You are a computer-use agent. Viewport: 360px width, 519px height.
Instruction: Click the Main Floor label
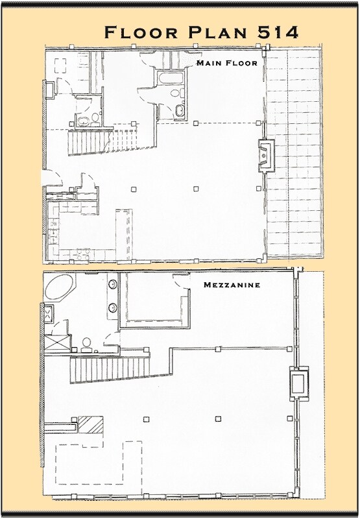(x=227, y=64)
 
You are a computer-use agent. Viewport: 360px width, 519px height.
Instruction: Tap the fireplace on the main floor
(x=265, y=154)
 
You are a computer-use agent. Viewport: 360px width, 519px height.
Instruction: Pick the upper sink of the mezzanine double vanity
(x=112, y=285)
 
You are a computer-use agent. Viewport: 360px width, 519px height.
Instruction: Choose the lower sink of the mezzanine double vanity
(x=112, y=307)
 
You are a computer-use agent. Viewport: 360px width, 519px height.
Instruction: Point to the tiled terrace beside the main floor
(x=295, y=156)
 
